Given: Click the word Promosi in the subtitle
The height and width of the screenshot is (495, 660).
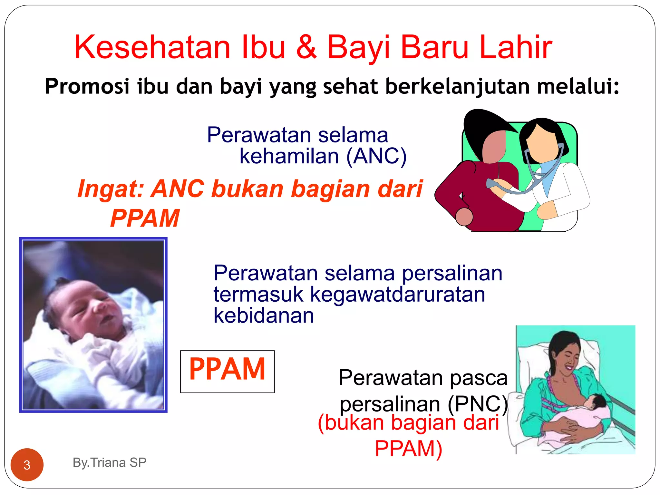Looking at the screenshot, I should tap(87, 86).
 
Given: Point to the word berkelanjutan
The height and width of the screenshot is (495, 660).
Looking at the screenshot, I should tap(458, 86).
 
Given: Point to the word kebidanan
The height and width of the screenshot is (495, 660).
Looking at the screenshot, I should tap(264, 315).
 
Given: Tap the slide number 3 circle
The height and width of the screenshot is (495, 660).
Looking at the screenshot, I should tap(27, 465).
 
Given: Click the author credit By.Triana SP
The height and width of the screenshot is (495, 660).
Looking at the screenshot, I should tap(110, 462).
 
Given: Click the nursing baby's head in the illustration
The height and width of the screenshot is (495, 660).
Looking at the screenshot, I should tap(596, 403).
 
